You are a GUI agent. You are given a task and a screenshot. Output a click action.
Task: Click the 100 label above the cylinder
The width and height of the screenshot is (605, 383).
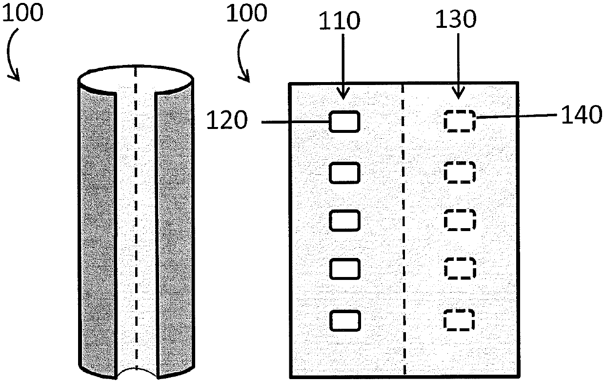tap(23, 13)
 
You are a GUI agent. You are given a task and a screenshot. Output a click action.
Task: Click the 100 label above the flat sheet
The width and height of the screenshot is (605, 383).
tap(246, 13)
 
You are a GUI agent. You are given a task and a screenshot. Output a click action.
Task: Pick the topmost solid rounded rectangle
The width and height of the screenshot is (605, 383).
tap(345, 122)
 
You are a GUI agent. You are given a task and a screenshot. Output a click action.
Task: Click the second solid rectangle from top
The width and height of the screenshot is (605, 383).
tap(345, 172)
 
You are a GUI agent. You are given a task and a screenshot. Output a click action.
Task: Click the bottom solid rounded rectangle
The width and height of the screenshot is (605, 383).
tap(345, 320)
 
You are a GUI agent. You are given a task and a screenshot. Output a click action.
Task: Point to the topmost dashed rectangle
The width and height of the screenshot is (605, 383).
tap(459, 121)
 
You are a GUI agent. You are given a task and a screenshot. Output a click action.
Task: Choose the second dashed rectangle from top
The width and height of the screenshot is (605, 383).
tap(459, 172)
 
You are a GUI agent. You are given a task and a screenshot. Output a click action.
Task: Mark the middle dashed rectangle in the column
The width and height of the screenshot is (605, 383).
tap(459, 220)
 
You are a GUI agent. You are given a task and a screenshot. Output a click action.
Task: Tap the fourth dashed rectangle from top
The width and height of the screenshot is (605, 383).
tap(459, 268)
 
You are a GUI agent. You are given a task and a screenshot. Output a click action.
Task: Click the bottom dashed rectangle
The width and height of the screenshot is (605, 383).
tap(459, 320)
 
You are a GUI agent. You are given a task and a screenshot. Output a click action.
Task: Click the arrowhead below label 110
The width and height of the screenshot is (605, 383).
tap(344, 94)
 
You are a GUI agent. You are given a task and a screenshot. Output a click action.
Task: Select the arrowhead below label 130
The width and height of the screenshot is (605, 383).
tap(459, 94)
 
